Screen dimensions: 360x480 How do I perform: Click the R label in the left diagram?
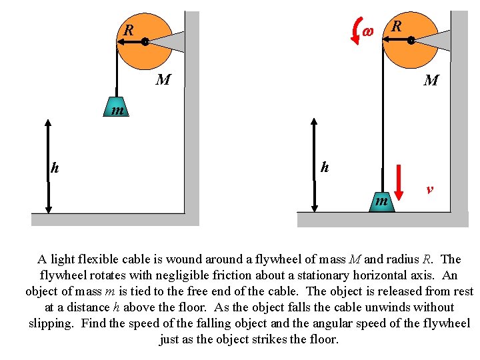click(x=129, y=30)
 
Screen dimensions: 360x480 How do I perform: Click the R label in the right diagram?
click(x=397, y=27)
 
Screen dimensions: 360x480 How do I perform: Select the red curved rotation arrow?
click(x=354, y=31)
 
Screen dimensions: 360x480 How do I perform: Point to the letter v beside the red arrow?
click(x=430, y=189)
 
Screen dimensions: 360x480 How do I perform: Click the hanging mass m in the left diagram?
click(x=117, y=109)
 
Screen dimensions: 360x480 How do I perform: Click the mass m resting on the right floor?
click(x=381, y=200)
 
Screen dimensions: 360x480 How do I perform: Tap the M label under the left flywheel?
click(x=163, y=81)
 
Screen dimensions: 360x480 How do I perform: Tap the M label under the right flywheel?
click(x=431, y=81)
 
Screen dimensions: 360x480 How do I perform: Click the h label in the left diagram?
click(x=55, y=168)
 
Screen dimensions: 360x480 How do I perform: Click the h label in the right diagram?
click(x=324, y=167)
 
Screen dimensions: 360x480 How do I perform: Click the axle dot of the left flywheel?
click(x=145, y=41)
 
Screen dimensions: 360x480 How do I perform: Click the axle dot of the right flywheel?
click(x=411, y=41)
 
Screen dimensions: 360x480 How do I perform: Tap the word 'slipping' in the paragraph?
click(x=51, y=323)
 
